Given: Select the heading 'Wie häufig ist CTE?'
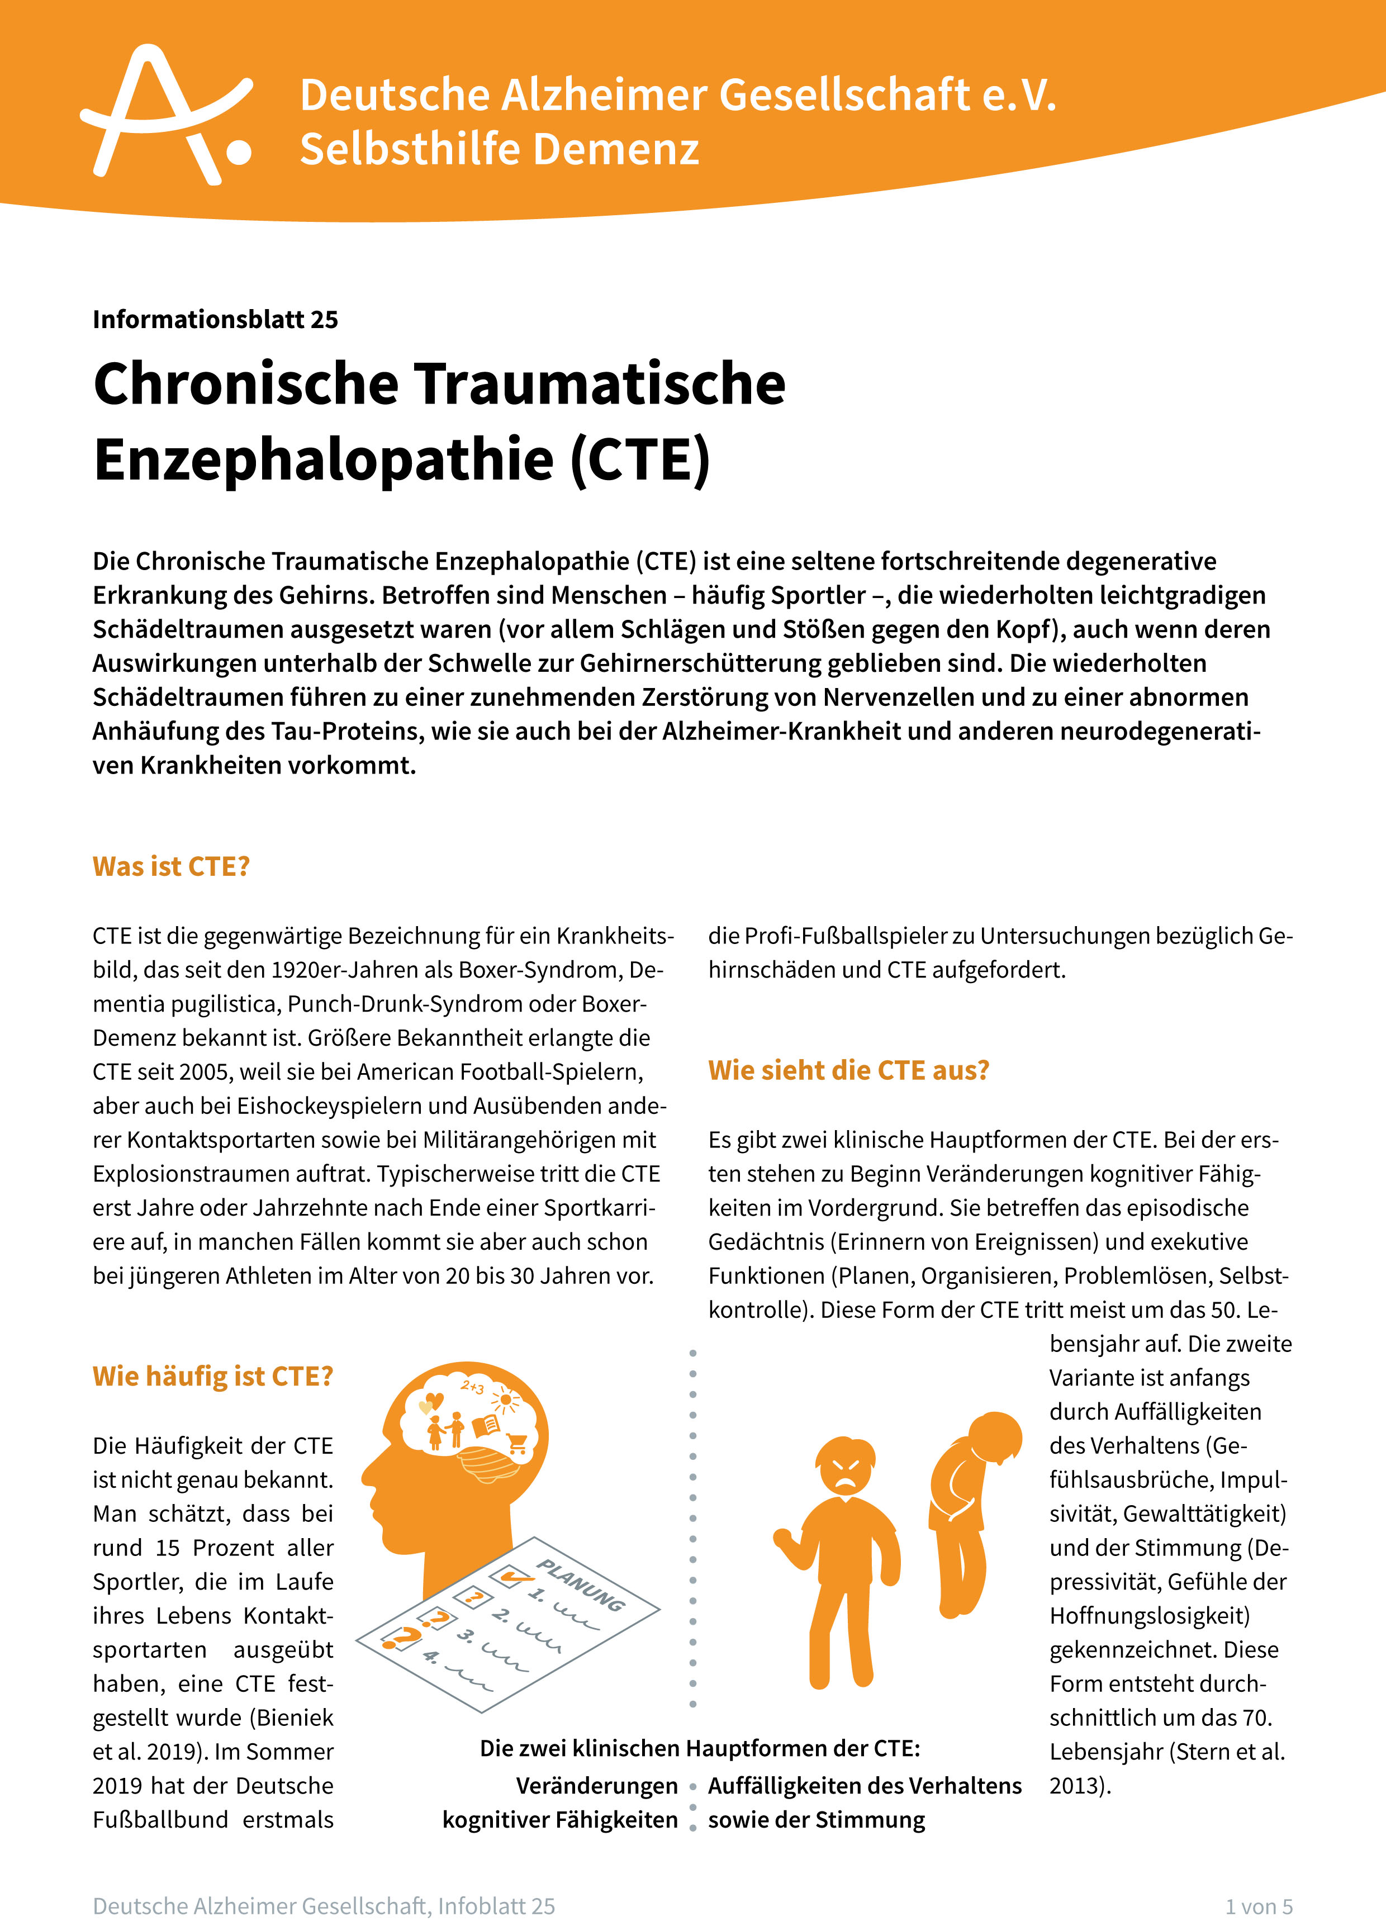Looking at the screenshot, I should point(212,1375).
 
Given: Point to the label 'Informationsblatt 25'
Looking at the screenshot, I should point(215,319).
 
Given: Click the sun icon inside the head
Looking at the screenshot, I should point(507,1398).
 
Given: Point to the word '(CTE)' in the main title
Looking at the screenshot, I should point(639,459).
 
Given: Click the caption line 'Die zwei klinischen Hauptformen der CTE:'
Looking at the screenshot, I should point(700,1748).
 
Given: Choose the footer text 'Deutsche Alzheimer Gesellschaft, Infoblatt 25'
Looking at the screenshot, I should point(324,1906).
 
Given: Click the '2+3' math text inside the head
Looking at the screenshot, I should point(472,1387).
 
